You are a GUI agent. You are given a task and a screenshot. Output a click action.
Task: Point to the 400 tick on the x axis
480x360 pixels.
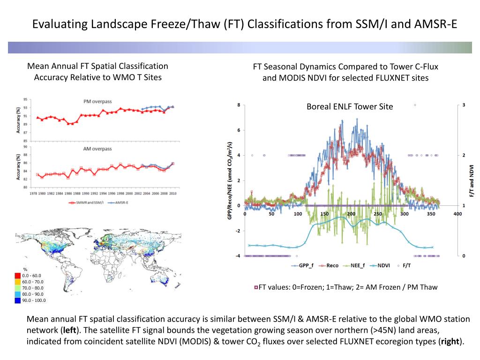(457, 214)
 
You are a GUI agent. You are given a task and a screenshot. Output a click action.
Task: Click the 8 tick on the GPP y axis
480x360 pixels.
(239, 105)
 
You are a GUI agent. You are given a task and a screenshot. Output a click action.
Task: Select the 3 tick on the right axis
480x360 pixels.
(464, 105)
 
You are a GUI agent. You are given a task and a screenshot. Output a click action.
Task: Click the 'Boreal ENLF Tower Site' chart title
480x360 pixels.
(350, 107)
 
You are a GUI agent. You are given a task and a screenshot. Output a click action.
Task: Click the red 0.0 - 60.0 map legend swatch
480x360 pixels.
(18, 275)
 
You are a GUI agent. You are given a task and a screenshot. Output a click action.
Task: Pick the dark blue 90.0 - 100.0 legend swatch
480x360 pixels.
(18, 300)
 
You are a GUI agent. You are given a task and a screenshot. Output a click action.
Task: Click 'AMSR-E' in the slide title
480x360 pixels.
(435, 23)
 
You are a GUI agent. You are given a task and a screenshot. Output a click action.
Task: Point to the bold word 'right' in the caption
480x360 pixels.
(450, 341)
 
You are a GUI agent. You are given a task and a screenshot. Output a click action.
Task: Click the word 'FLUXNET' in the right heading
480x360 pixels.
(394, 78)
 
